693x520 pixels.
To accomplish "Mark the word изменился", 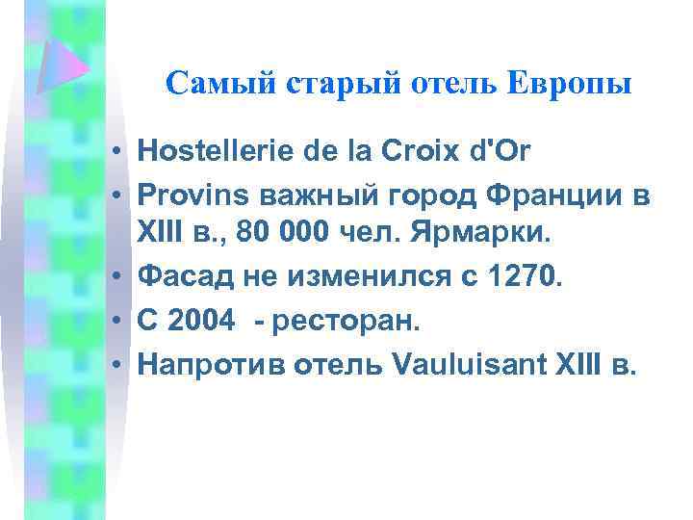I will click(x=374, y=276).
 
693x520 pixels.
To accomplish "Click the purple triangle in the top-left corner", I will click(x=64, y=68).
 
